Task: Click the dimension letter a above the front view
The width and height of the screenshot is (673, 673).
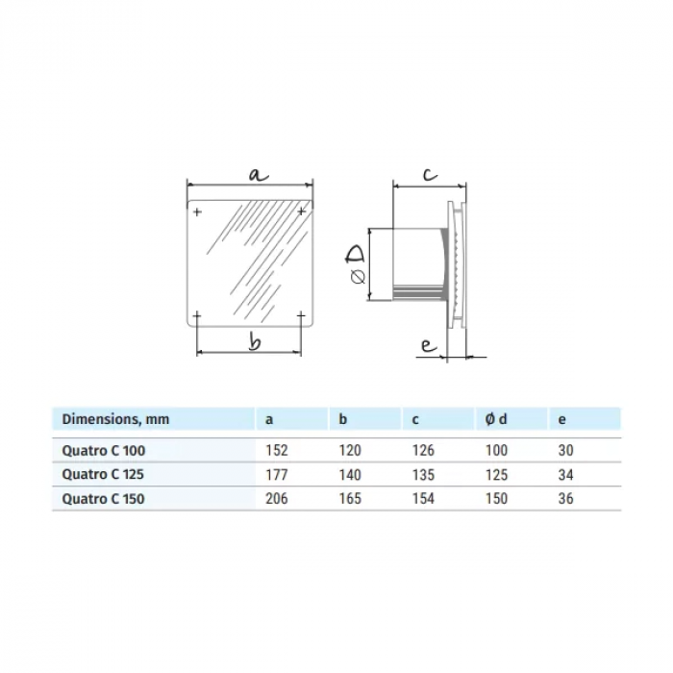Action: (257, 174)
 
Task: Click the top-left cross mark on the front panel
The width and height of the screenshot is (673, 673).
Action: (197, 212)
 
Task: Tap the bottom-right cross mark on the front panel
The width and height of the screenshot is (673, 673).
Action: (301, 315)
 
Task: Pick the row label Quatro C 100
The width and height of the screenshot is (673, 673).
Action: (105, 450)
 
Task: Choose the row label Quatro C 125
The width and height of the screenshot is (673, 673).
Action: (105, 474)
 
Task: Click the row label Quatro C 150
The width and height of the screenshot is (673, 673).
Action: (105, 498)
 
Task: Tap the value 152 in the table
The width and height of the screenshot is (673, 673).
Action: (276, 450)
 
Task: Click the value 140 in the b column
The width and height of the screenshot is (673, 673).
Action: (350, 474)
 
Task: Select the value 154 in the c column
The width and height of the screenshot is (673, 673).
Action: (422, 498)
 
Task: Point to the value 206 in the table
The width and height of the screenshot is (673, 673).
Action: (276, 498)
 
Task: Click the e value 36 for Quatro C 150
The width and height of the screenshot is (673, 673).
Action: (564, 498)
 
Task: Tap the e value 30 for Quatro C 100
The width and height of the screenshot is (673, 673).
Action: (564, 450)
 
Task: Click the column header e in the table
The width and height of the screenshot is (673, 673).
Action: (561, 419)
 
